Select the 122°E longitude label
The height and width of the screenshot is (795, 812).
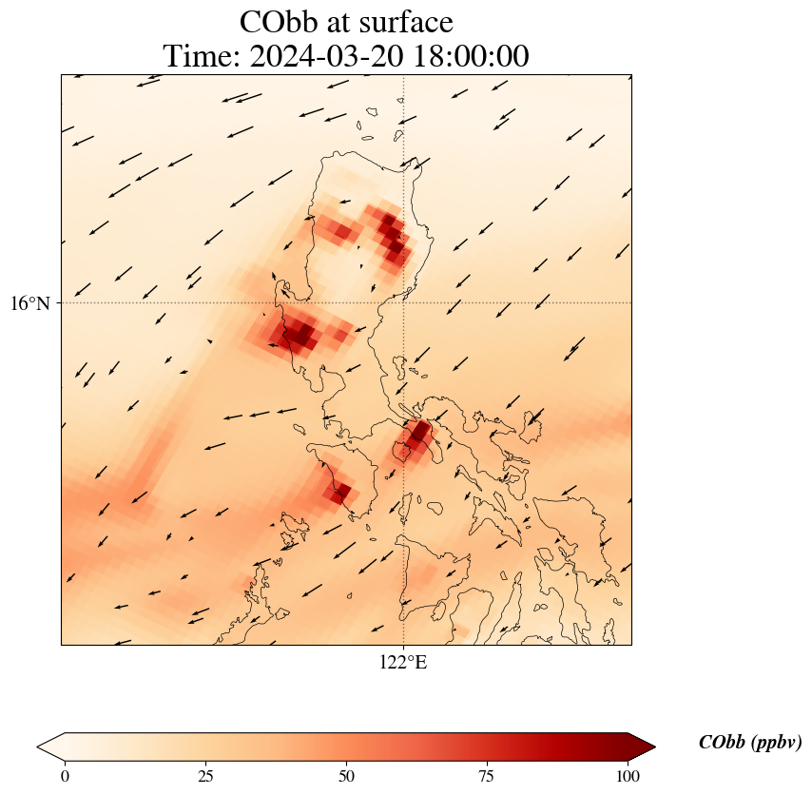click(x=403, y=663)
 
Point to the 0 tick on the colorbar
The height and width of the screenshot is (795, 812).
click(x=65, y=776)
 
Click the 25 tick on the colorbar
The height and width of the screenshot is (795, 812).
click(x=205, y=776)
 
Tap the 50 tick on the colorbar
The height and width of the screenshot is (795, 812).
click(x=346, y=776)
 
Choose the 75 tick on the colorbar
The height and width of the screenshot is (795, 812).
click(x=487, y=776)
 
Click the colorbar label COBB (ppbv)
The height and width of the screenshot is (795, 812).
click(x=749, y=743)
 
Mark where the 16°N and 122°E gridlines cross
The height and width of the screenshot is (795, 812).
click(x=404, y=303)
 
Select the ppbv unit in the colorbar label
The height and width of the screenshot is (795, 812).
click(x=776, y=743)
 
